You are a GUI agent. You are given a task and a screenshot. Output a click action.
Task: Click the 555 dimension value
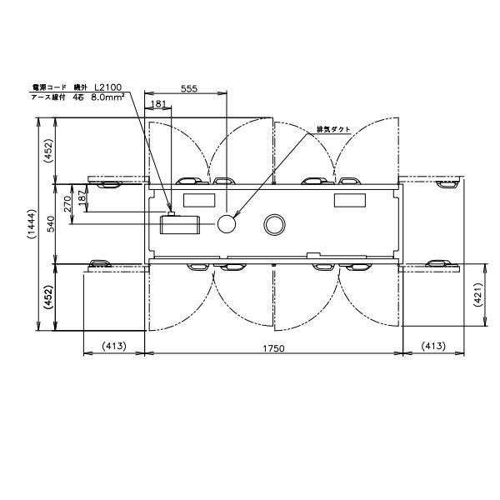[188, 89]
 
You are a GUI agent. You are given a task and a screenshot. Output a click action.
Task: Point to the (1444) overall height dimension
[31, 225]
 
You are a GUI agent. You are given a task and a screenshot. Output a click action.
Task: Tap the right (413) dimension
[433, 347]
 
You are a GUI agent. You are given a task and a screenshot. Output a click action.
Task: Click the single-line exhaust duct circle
[227, 223]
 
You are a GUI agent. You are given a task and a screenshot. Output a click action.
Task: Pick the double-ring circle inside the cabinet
[273, 223]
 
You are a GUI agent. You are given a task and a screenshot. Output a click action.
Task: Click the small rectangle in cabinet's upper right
[349, 200]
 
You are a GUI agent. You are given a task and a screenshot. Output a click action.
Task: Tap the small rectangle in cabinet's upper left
[198, 200]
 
